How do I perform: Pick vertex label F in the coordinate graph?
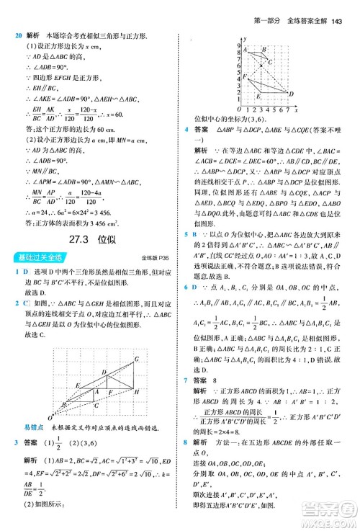(x=245, y=76)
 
